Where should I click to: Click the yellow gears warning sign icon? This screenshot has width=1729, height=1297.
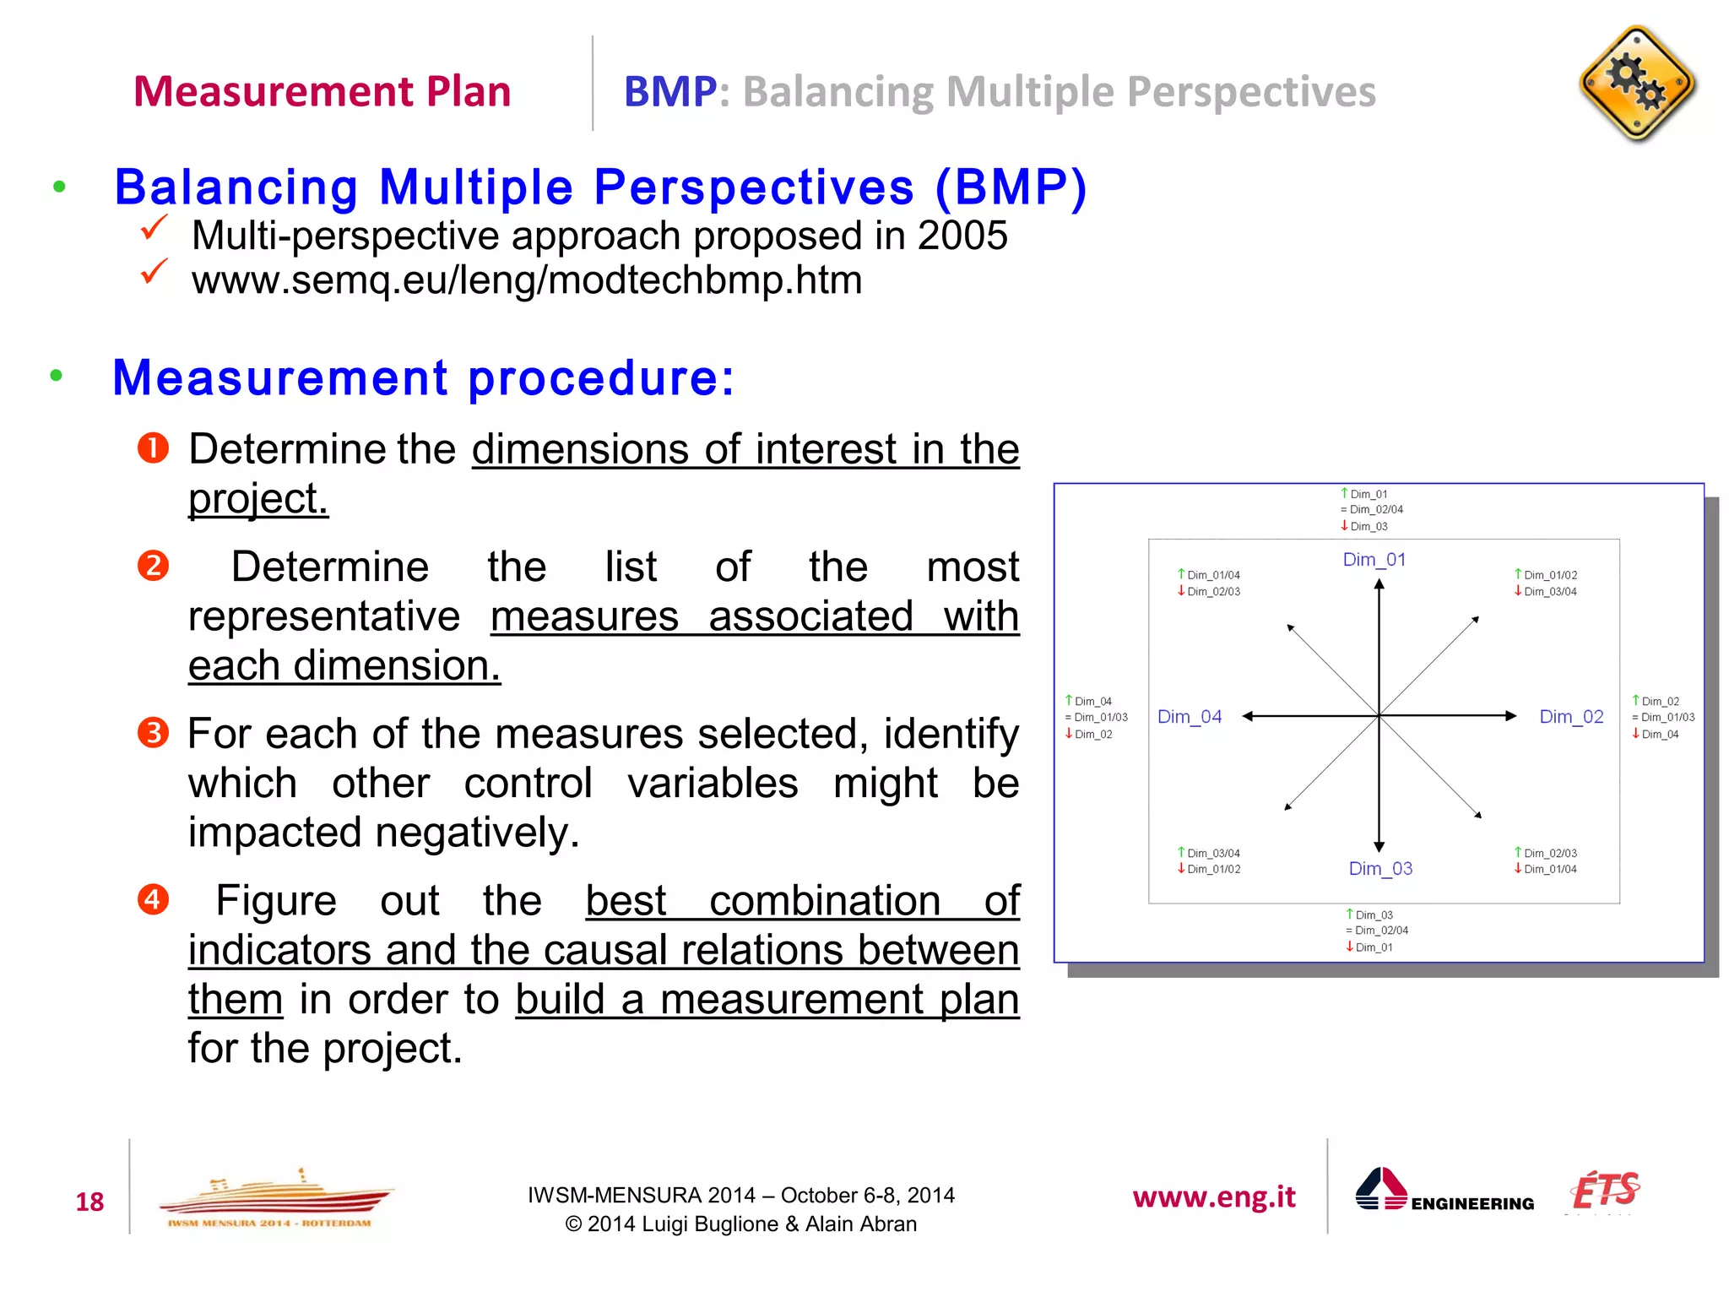coord(1636,84)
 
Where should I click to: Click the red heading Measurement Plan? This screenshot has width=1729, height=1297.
coord(322,91)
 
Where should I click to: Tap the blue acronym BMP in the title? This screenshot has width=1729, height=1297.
coord(669,91)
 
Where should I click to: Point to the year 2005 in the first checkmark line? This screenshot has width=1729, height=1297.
coord(962,236)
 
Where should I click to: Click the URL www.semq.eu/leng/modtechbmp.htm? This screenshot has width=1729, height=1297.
coord(526,279)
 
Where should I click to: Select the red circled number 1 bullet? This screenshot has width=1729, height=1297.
coord(153,448)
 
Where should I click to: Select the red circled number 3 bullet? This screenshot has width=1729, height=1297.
coord(153,732)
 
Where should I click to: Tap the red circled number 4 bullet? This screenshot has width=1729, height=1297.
coord(153,898)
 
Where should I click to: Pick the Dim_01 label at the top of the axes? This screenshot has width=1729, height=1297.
coord(1374,560)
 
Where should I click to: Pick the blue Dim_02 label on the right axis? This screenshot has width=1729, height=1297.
coord(1570,717)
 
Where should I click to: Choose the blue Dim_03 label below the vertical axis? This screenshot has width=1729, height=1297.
coord(1379,869)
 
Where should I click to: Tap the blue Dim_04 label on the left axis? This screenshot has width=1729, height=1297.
coord(1189,717)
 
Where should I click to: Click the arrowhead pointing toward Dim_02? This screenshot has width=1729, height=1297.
coord(1511,716)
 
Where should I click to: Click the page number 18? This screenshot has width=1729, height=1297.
coord(89,1202)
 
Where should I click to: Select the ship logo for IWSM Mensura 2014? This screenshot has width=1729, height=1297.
coord(275,1197)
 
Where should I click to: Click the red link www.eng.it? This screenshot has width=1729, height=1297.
coord(1213,1197)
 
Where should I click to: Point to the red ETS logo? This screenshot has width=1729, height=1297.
coord(1603,1191)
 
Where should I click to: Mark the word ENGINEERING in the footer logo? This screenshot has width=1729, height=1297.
coord(1472,1203)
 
